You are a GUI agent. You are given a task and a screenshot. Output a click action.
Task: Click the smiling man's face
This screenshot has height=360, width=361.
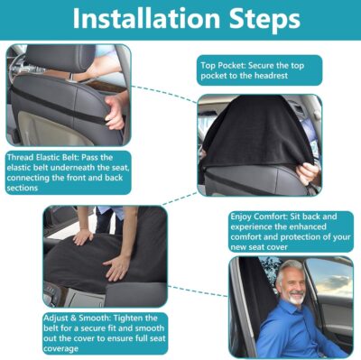[x=292, y=285]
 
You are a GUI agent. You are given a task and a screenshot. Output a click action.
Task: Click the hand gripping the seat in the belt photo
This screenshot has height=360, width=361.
[x=115, y=112]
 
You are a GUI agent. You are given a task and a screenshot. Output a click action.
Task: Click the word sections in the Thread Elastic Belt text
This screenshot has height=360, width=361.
[x=25, y=189]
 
